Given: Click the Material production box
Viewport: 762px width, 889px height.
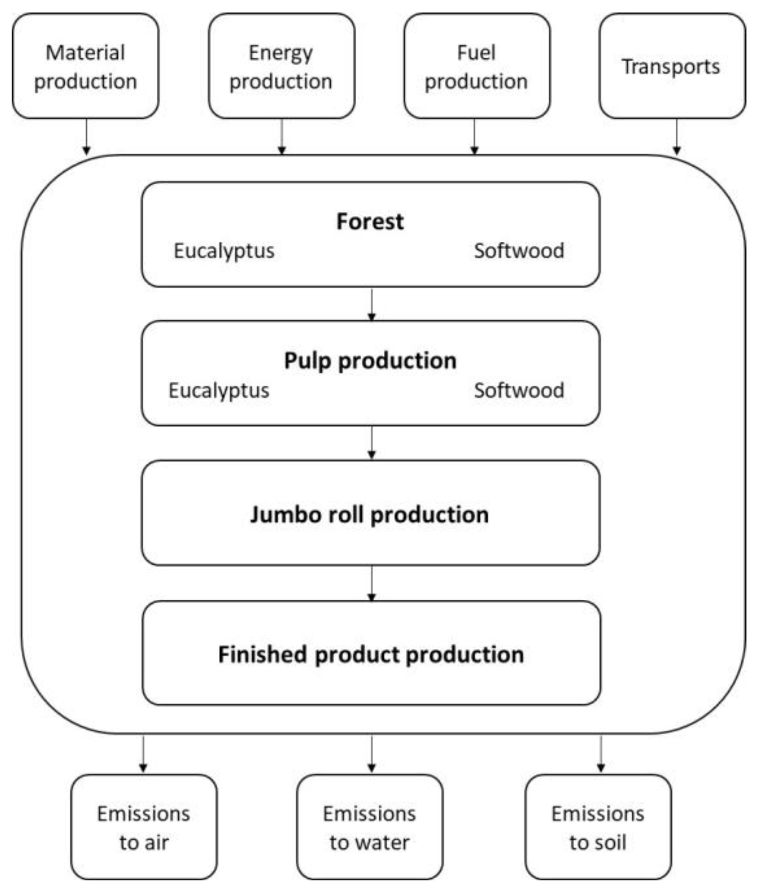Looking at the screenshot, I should [85, 66].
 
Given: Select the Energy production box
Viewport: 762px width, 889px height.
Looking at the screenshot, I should [281, 66].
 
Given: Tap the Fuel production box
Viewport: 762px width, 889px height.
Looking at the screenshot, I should [476, 66].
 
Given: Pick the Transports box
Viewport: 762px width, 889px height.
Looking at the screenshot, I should [671, 66].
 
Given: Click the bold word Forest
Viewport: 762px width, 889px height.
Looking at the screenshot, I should [370, 221].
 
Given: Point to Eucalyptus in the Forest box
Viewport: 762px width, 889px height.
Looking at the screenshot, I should [224, 251].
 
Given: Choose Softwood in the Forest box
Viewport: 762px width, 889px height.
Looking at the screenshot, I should [519, 250].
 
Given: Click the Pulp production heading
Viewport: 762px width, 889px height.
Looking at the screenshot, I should [370, 360].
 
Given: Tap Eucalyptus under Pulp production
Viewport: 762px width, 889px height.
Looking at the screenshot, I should [218, 390].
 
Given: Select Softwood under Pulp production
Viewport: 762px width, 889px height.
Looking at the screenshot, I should [519, 390].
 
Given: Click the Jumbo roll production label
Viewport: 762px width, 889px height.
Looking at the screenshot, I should [370, 514].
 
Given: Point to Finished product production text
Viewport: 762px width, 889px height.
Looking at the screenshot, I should [371, 654].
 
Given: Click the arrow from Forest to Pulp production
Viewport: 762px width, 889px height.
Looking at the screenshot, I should [372, 304].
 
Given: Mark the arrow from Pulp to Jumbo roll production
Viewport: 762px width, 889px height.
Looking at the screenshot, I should [372, 443].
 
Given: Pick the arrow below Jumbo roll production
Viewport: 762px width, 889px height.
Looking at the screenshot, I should [372, 583].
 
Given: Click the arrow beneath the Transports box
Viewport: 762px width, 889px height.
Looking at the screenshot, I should [677, 137].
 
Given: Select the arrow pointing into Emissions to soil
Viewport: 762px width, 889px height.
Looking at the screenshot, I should [601, 755].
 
